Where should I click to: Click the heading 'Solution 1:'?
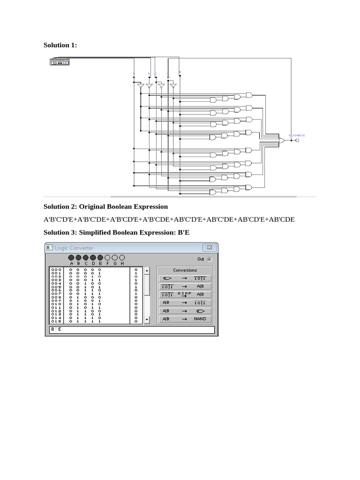[x=60, y=45]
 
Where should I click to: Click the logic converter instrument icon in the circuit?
[x=60, y=61]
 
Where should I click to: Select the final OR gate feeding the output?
[x=282, y=140]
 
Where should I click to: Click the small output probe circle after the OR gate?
[x=297, y=140]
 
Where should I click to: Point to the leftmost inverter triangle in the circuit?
[x=140, y=86]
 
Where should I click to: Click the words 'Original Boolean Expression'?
[x=123, y=207]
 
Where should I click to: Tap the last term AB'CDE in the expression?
[x=281, y=219]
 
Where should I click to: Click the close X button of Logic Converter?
[x=210, y=247]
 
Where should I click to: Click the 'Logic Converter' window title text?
[x=74, y=248]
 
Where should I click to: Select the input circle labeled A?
[x=71, y=258]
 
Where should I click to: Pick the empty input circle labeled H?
[x=122, y=258]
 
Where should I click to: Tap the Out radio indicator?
[x=209, y=259]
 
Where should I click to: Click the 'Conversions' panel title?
[x=185, y=270]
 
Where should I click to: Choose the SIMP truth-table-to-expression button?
[x=185, y=294]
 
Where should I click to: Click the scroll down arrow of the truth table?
[x=147, y=320]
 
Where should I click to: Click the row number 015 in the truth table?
[x=56, y=322]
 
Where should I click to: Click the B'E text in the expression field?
[x=56, y=330]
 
